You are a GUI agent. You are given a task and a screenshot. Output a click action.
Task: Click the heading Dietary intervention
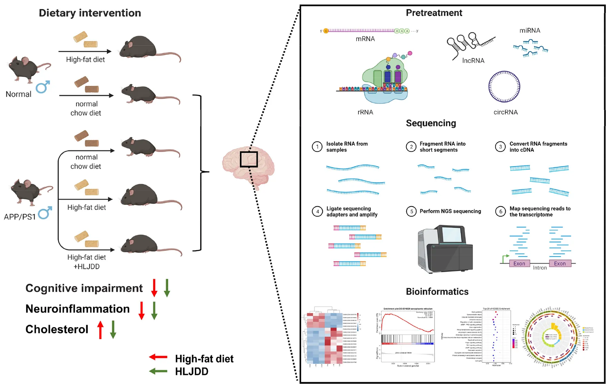[90, 13]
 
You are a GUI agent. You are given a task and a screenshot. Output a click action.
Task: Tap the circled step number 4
[317, 212]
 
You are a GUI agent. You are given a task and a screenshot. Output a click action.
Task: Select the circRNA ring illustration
[504, 87]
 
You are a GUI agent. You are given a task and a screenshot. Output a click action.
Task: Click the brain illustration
[248, 165]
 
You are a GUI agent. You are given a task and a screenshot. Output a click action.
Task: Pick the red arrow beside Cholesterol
[100, 329]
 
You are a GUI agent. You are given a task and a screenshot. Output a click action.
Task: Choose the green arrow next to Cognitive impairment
[167, 288]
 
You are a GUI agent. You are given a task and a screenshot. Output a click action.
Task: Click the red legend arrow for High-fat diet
[158, 357]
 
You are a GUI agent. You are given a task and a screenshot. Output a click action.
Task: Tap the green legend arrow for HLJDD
[158, 371]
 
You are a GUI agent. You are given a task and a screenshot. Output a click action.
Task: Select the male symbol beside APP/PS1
[45, 213]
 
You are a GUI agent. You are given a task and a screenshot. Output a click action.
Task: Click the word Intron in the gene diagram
[540, 268]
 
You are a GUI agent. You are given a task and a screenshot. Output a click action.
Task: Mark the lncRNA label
[473, 61]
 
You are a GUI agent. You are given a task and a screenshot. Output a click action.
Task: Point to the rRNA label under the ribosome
[365, 112]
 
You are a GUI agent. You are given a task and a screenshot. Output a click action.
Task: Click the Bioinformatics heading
[437, 292]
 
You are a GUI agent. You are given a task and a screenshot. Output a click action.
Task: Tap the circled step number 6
[501, 212]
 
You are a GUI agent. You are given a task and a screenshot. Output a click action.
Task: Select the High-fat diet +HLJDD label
[87, 262]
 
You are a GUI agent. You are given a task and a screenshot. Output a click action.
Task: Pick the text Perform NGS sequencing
[450, 211]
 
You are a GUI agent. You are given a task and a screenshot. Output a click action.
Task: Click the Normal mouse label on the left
[18, 94]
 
